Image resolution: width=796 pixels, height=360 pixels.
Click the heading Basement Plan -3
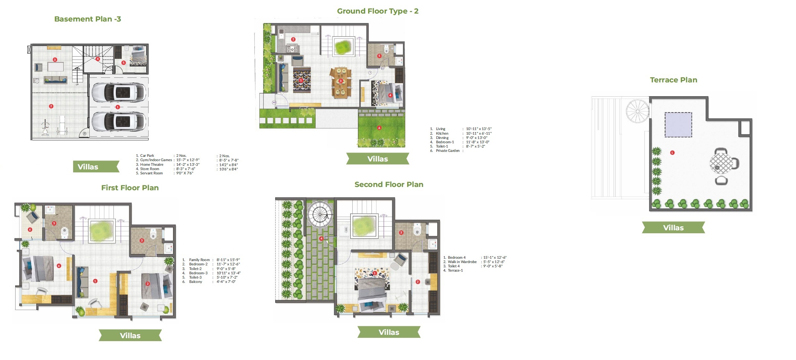88,19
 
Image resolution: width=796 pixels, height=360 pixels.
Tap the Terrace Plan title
673,80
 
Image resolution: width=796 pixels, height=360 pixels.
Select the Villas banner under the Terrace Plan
673,228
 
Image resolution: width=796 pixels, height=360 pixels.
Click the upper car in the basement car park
118,92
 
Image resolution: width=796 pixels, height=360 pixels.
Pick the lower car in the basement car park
118,121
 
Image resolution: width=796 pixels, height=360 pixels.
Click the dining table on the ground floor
340,83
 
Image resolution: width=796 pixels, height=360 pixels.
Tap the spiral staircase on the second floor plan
320,214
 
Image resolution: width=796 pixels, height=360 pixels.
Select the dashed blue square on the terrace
678,125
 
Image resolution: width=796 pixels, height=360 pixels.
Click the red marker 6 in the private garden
379,128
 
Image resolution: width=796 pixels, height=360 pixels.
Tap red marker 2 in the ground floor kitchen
293,39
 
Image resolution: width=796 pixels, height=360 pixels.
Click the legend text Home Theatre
152,164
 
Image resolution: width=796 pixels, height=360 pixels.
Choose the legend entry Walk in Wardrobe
462,262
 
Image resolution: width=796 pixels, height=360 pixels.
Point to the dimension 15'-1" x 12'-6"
495,257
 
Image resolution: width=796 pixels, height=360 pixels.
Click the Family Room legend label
199,260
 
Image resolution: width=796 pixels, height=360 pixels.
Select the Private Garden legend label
448,151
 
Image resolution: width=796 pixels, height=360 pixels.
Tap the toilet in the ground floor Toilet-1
386,50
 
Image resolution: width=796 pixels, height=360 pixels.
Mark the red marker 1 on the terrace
672,153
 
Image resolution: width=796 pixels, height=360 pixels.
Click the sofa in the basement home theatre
56,80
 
